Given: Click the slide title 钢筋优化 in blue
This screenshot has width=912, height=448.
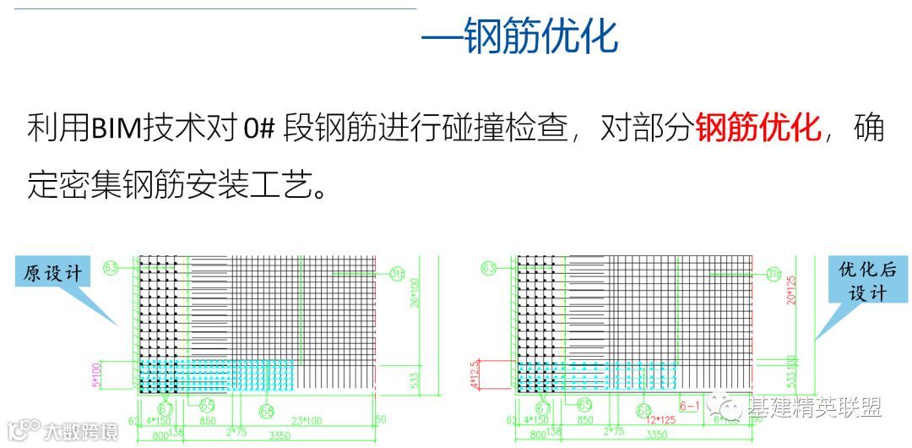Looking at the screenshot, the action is coord(541,36).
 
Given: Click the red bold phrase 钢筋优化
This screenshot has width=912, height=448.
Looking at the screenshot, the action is coord(758,129).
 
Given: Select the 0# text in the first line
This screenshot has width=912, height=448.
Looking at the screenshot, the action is coord(260,129).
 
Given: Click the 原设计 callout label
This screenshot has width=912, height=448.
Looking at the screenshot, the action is coord(53,273).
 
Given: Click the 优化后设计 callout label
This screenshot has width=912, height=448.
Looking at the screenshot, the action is coord(861,281).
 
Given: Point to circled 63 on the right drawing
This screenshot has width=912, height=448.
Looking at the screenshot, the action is coord(489,269).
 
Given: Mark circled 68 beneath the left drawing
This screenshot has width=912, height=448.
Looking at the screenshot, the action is coord(267,411).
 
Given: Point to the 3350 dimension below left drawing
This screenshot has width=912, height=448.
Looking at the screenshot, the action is coord(280,435).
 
